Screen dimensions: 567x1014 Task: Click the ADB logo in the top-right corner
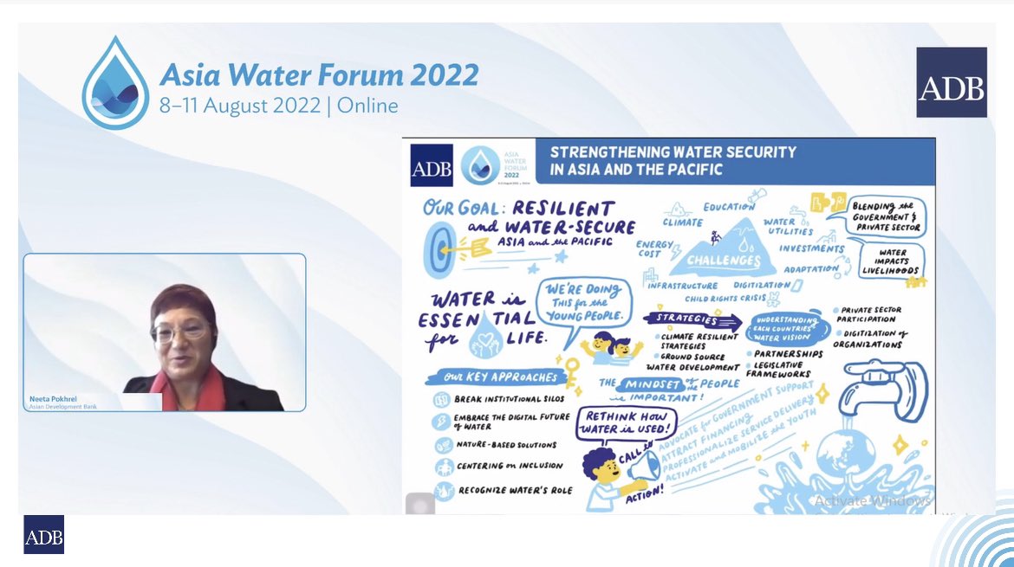point(952,82)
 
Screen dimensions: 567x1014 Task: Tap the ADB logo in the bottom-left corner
point(43,535)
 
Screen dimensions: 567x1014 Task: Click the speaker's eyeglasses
point(180,331)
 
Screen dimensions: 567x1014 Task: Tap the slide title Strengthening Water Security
point(673,160)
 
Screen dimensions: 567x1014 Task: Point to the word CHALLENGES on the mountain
point(723,259)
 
